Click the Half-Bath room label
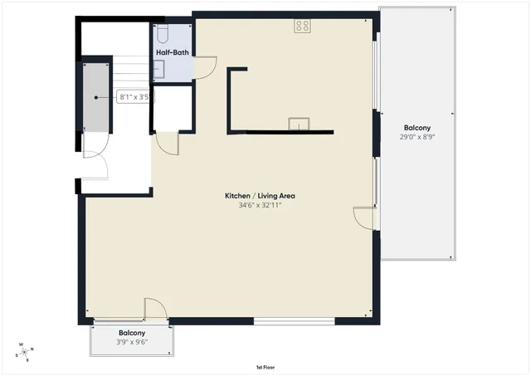coord(173,53)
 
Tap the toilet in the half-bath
coord(163,33)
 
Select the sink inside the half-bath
coord(158,71)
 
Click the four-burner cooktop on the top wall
coord(302,27)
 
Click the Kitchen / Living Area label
coord(260,196)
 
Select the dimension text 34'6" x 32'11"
coord(260,205)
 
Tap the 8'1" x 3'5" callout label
coord(134,97)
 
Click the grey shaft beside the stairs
coord(95,98)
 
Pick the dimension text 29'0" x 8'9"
coord(417,138)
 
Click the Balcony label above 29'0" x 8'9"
coord(417,128)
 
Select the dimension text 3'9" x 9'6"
coord(132,342)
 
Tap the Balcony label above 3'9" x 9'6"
coord(132,333)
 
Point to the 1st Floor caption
coord(265,366)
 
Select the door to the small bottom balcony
coord(155,309)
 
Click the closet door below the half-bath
coord(169,144)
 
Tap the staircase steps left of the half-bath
coord(124,71)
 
